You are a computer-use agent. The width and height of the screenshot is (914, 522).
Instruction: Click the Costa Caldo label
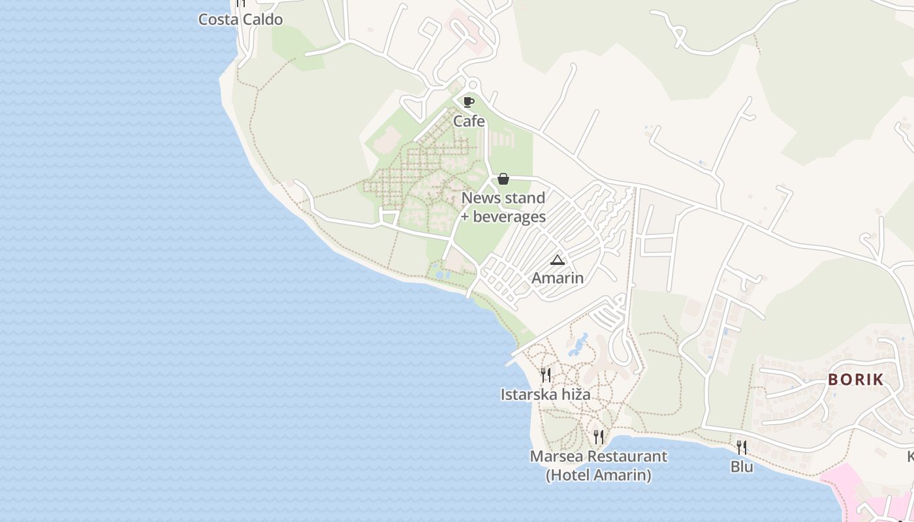tap(240, 20)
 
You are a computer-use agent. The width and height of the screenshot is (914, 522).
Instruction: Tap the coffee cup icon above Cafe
tap(468, 102)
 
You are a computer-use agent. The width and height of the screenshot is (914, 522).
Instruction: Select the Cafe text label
tap(469, 121)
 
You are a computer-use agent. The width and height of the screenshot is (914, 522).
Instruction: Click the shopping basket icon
tap(503, 179)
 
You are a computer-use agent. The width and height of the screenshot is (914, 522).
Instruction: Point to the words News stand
tap(503, 198)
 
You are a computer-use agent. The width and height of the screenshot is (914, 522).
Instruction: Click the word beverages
tap(509, 217)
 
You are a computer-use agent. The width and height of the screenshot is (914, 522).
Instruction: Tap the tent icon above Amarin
tap(557, 260)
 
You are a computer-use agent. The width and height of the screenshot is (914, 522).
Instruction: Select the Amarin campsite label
tap(557, 278)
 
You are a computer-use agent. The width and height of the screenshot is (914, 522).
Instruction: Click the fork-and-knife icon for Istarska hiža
tap(545, 375)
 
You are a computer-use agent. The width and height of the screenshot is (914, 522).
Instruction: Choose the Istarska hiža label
tap(545, 394)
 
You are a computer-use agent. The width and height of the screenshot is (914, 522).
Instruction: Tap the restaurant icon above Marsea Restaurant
tap(598, 437)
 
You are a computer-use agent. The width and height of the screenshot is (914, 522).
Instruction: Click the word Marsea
tap(556, 456)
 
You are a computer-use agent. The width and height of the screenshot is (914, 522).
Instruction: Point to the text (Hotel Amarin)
tap(598, 475)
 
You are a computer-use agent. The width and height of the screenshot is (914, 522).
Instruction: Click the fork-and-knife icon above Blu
tap(741, 447)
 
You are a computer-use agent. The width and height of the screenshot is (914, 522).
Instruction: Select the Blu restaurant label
tap(741, 467)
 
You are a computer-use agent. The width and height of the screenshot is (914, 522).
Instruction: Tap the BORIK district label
tap(855, 380)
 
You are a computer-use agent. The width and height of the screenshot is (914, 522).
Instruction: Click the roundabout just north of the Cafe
tap(471, 85)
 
